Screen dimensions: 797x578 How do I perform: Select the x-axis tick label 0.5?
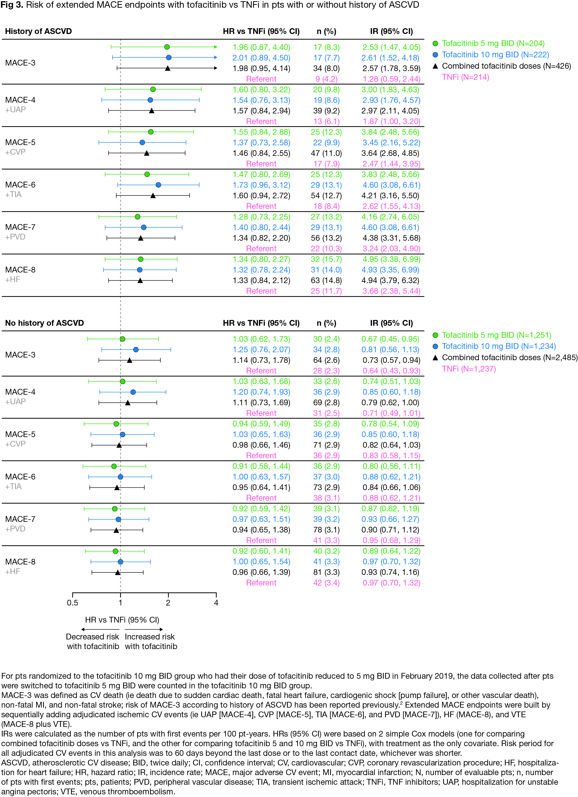coord(72,603)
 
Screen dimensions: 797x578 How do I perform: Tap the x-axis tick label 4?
coord(216,603)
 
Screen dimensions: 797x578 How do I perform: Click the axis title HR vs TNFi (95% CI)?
coord(122,619)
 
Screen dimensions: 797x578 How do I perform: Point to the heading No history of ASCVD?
coord(44,323)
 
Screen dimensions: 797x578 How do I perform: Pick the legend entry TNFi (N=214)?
coord(465,77)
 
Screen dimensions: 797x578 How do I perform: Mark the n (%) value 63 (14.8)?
coord(326,280)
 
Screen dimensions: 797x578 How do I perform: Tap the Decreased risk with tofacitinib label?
coord(93,641)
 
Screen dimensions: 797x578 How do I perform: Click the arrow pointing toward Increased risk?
coord(144,629)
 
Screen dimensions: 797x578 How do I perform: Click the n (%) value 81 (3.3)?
coord(326,572)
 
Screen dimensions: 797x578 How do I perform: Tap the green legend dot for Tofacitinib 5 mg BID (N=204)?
coord(435,44)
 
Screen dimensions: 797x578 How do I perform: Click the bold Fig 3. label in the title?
coord(12,5)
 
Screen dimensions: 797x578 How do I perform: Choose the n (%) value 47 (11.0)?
coord(326,153)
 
